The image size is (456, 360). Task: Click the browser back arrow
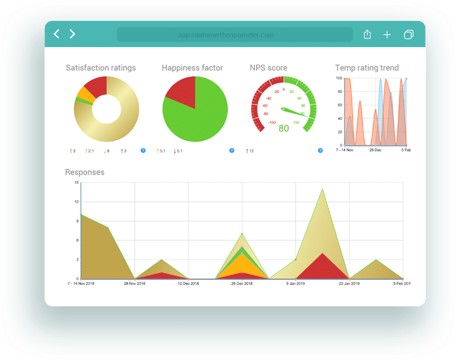(x=56, y=34)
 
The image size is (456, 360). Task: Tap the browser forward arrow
(x=73, y=34)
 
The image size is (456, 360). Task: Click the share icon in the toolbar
(x=367, y=35)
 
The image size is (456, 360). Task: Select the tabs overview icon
(x=409, y=35)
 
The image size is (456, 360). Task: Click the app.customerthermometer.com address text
(x=226, y=35)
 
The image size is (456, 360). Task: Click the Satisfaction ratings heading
(x=101, y=68)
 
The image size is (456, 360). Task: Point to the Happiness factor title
(x=193, y=68)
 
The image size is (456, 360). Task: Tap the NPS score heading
(x=269, y=68)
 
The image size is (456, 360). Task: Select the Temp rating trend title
(x=367, y=68)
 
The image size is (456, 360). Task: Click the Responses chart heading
(x=85, y=173)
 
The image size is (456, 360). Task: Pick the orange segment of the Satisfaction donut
(x=84, y=93)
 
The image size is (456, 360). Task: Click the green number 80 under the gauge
(x=284, y=128)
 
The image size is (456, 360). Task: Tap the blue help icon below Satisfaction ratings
(x=143, y=151)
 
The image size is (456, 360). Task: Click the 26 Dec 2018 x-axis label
(x=242, y=284)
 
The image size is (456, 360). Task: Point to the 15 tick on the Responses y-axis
(x=77, y=183)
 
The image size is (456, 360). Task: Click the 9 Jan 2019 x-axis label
(x=295, y=284)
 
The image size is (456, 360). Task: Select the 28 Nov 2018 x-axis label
(x=134, y=284)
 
